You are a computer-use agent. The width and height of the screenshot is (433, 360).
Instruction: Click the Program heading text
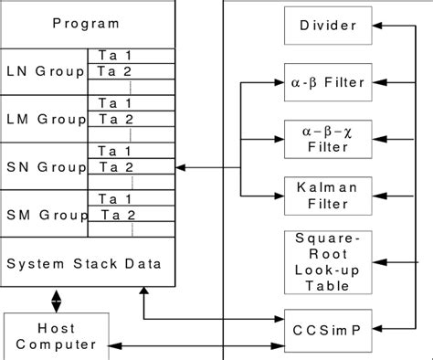(86, 23)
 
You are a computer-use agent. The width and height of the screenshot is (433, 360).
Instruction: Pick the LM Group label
(45, 118)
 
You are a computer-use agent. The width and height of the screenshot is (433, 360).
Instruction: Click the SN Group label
(45, 166)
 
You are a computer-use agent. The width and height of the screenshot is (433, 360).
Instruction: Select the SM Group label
(45, 215)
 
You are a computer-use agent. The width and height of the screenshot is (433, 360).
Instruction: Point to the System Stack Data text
(85, 264)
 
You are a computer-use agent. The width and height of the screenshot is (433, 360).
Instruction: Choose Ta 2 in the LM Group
(118, 118)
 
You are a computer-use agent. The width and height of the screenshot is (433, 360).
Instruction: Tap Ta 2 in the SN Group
(118, 167)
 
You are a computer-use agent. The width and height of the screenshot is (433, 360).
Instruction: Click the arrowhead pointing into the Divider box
(371, 26)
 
